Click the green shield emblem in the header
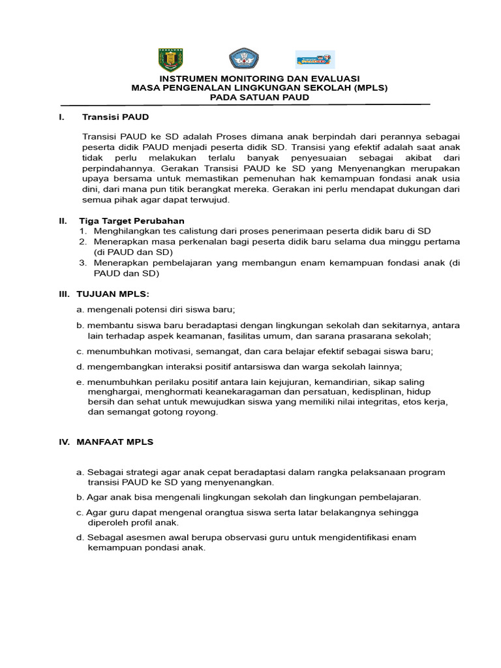[171, 60]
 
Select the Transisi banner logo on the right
[315, 60]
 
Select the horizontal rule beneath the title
[245, 104]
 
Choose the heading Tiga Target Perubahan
[132, 220]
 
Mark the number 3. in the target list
[83, 263]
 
